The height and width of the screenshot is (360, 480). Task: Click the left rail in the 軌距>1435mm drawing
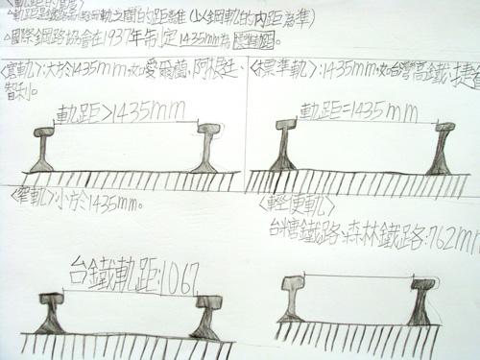[43, 149]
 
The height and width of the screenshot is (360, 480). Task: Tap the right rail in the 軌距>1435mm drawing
[210, 148]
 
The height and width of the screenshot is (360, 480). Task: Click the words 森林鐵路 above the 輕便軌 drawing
[375, 231]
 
